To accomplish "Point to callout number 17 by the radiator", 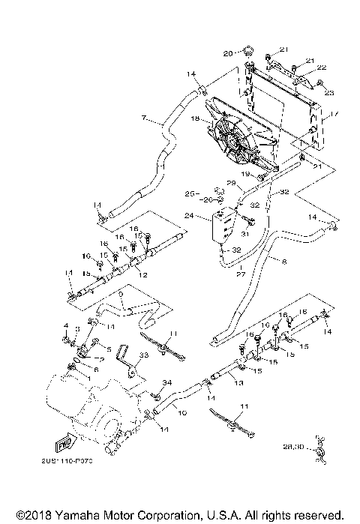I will click(x=335, y=115).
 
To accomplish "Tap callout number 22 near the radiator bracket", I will click(x=321, y=67).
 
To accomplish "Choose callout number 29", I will click(x=232, y=183).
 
